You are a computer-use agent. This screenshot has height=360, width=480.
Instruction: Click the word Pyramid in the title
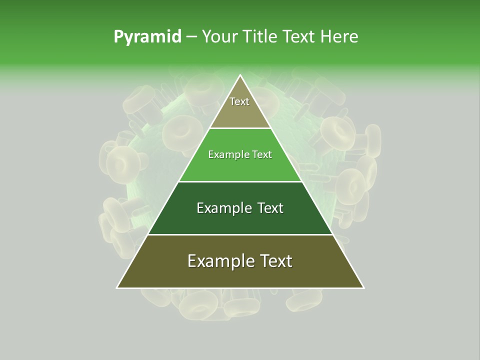(x=147, y=37)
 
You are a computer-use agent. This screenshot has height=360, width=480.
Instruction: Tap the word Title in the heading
(x=262, y=37)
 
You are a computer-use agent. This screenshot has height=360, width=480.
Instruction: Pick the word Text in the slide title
(x=300, y=37)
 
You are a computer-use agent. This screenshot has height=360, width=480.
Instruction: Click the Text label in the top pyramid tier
(x=239, y=101)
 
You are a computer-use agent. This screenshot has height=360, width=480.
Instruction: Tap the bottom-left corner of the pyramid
(x=117, y=287)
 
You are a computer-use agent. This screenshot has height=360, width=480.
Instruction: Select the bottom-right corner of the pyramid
(x=363, y=287)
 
